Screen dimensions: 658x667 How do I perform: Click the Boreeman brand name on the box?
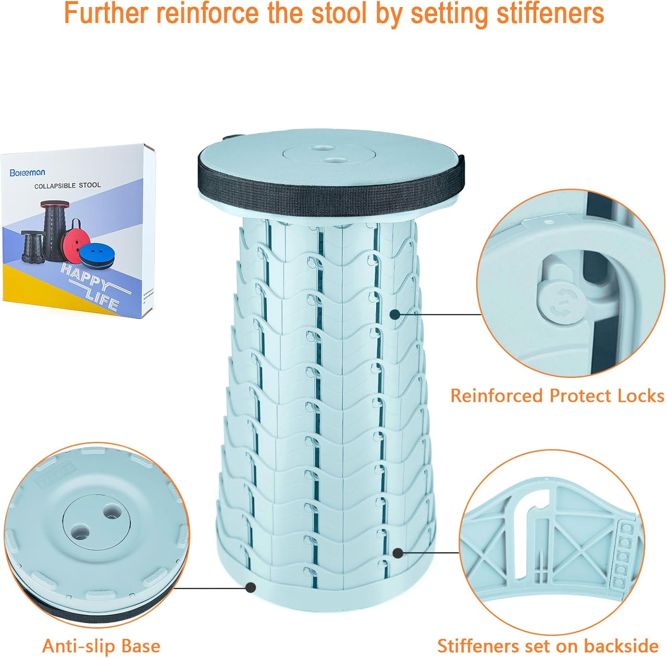27,173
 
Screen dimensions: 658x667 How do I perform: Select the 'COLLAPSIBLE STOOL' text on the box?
68,185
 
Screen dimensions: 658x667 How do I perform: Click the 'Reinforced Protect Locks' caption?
557,396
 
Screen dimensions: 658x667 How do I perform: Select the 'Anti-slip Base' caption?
101,646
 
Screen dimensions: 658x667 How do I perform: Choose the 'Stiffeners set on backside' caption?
547,646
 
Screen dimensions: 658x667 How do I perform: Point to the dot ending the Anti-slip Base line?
251,587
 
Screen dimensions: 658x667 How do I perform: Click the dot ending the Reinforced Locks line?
394,314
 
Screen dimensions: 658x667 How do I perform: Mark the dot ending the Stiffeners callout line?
398,553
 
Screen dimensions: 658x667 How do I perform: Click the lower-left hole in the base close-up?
80,531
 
